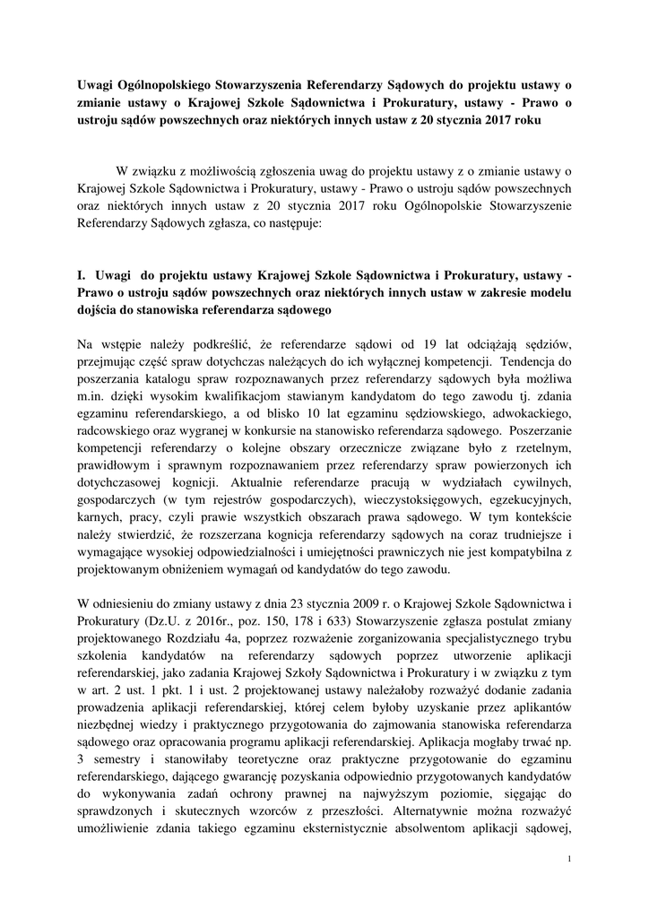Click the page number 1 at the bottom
[569, 860]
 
